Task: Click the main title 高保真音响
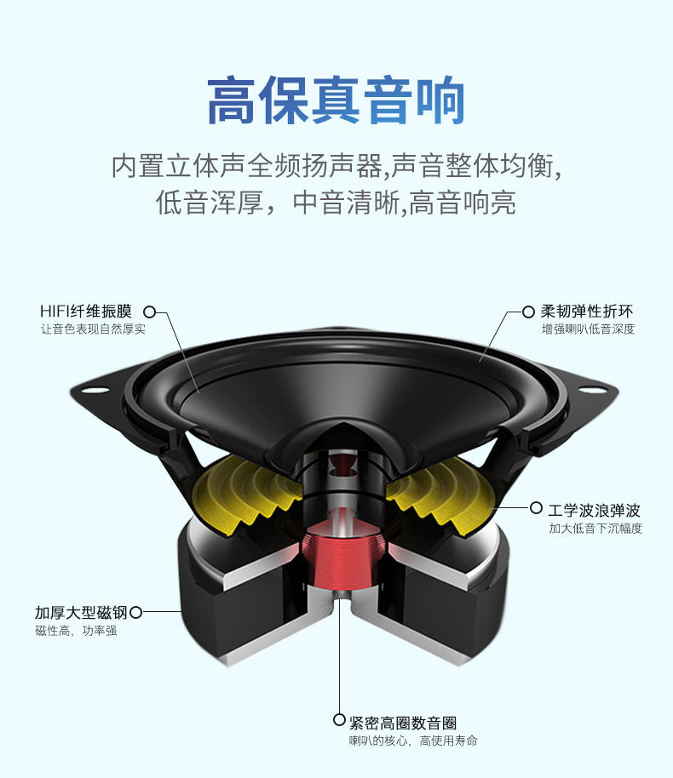pyautogui.click(x=336, y=102)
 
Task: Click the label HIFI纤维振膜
pyautogui.click(x=86, y=312)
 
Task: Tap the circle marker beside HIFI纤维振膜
pyautogui.click(x=149, y=312)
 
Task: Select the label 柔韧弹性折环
pyautogui.click(x=587, y=312)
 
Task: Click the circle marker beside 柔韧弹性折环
pyautogui.click(x=528, y=312)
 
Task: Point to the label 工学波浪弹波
pyautogui.click(x=594, y=510)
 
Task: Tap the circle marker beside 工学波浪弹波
pyautogui.click(x=536, y=508)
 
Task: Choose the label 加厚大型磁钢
pyautogui.click(x=80, y=612)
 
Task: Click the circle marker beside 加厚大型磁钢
pyautogui.click(x=135, y=612)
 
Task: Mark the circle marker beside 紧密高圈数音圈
pyautogui.click(x=339, y=721)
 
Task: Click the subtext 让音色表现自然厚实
pyautogui.click(x=93, y=329)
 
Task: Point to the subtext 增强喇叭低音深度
pyautogui.click(x=588, y=329)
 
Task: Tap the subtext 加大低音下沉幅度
pyautogui.click(x=595, y=529)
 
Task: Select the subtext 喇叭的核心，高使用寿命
pyautogui.click(x=412, y=741)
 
